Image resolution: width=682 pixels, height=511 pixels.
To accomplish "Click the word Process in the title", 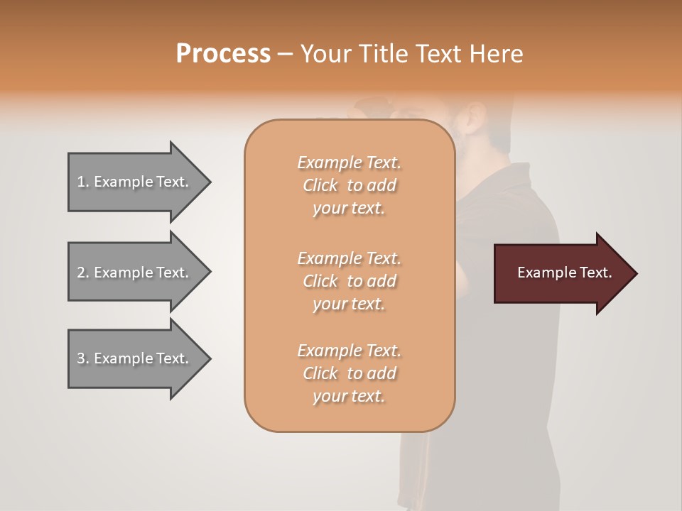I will pyautogui.click(x=223, y=54).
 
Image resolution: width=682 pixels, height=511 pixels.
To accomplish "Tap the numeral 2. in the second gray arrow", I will pyautogui.click(x=82, y=273).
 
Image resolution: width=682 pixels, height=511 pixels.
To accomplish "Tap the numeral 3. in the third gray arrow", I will pyautogui.click(x=82, y=358).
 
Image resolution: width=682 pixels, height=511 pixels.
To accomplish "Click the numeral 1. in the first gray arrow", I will pyautogui.click(x=82, y=182).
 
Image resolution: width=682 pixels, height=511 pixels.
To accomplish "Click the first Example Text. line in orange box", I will pyautogui.click(x=349, y=163).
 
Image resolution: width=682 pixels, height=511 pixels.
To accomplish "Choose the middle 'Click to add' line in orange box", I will pyautogui.click(x=349, y=281).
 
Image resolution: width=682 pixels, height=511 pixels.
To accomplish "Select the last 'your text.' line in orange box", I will pyautogui.click(x=349, y=397).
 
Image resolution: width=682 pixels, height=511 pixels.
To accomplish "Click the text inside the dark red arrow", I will pyautogui.click(x=565, y=273).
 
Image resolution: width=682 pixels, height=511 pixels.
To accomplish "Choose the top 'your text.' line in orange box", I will pyautogui.click(x=349, y=209).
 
